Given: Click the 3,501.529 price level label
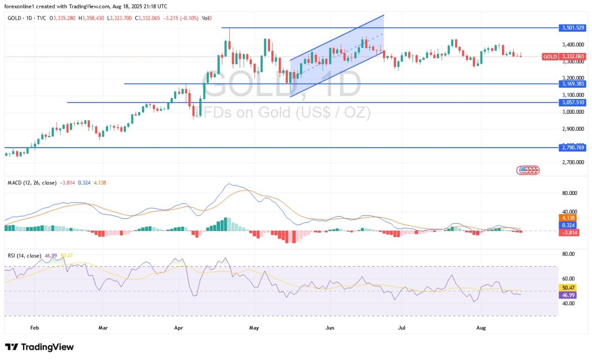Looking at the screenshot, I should coord(572,28).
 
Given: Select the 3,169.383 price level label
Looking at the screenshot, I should coord(572,84).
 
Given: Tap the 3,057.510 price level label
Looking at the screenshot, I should coord(572,102).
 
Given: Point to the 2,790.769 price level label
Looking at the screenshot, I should coord(572,148).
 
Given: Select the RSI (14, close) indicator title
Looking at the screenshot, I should coord(24,255).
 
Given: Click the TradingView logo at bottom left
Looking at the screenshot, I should coord(39,347).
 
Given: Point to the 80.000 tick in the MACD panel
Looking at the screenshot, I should coord(570,193).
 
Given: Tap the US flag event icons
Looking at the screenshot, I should coord(528,170).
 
